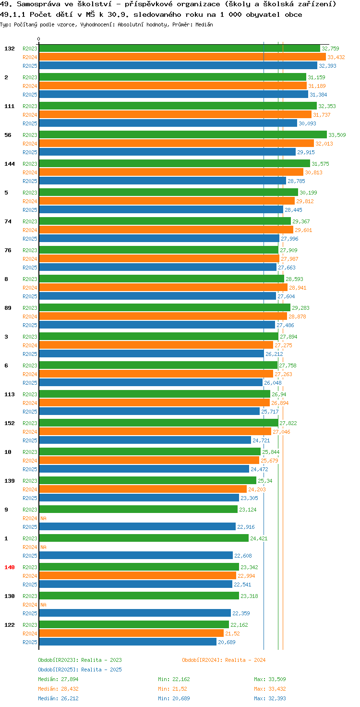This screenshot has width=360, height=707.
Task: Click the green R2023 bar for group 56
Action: (x=183, y=135)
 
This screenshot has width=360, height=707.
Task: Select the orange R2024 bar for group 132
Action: (x=182, y=57)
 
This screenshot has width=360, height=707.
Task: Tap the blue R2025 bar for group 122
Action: (x=128, y=642)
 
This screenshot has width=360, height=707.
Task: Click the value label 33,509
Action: (x=337, y=135)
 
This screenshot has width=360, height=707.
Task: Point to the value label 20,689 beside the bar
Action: (x=227, y=642)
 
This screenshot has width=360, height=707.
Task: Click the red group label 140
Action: (x=10, y=567)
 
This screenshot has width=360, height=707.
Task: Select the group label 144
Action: (x=10, y=164)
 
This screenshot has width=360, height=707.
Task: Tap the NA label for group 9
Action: (x=43, y=518)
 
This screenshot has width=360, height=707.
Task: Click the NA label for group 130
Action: (x=43, y=605)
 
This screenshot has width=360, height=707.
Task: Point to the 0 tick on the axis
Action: (x=38, y=39)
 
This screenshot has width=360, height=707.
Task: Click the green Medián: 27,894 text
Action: (x=58, y=679)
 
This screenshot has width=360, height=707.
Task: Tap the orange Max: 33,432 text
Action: (x=270, y=689)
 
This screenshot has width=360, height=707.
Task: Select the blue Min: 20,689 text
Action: (x=174, y=698)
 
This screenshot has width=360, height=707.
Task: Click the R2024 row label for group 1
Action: (x=30, y=547)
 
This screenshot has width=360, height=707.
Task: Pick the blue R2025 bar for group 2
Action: (x=174, y=94)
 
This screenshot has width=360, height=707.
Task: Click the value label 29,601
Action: (x=303, y=230)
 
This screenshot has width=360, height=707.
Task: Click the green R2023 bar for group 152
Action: (x=159, y=423)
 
